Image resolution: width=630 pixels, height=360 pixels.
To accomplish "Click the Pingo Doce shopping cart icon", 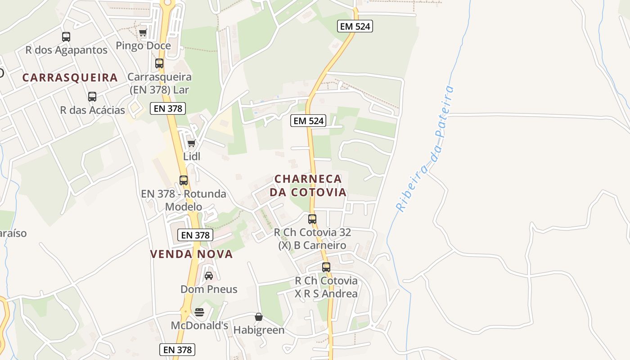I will tap(143, 32).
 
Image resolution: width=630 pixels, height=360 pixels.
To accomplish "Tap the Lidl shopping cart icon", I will tap(192, 144).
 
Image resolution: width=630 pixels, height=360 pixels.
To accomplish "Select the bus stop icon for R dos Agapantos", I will tap(66, 37).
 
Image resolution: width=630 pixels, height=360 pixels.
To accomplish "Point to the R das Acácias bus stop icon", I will tap(92, 97).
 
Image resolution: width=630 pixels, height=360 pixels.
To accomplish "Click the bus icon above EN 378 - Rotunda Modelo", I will tap(184, 180).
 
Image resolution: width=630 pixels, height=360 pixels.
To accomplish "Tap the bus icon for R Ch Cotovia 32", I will tap(312, 219).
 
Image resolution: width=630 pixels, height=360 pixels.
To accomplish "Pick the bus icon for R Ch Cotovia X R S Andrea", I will tap(326, 267).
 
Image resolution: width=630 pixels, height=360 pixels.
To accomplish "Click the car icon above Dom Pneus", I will tap(209, 275).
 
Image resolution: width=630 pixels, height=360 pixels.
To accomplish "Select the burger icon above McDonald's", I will tap(199, 312).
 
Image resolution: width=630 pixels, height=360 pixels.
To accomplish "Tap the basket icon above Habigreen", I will tap(259, 317).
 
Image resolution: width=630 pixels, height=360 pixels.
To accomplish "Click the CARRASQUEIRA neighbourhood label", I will tap(70, 77).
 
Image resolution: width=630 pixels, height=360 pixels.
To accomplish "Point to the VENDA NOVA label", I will tap(192, 254).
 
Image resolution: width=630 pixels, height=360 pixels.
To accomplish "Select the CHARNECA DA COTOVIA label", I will tap(308, 185).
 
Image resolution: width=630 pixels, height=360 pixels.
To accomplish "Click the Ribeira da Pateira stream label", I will tap(425, 148).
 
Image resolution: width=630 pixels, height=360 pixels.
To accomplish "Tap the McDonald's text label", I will tap(199, 325).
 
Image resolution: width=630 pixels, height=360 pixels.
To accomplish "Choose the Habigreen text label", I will tap(259, 330).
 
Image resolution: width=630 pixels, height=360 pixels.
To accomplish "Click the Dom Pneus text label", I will tap(209, 289).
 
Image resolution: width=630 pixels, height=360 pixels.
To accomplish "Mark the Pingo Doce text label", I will tap(143, 45).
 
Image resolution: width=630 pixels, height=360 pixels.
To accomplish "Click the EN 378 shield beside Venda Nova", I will tap(195, 235).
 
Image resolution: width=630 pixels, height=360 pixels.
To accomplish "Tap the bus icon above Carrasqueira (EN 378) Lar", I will tap(159, 63).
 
